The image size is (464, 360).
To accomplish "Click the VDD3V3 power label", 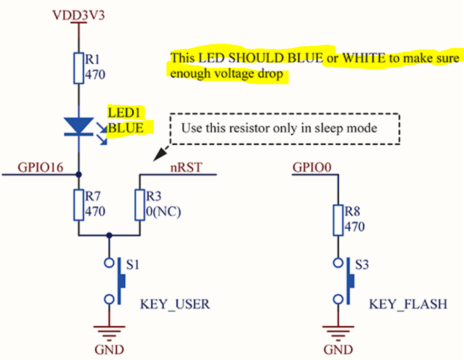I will coord(78,14).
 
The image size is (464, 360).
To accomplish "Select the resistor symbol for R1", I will coord(78,67).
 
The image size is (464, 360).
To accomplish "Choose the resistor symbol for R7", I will coord(78,204).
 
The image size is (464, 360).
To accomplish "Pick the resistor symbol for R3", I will coord(140,204).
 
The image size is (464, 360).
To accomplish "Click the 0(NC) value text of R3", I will coord(163,212).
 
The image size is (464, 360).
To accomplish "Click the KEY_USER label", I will coord(174,304).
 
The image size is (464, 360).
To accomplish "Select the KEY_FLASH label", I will coord(408,304).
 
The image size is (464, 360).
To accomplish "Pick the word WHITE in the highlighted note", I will coord(363,57).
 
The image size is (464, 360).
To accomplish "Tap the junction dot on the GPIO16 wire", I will coord(78,174).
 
